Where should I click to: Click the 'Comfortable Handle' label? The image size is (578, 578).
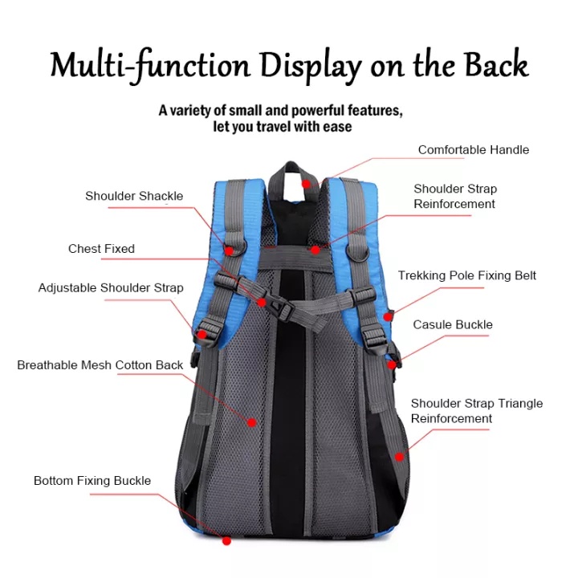[473, 149]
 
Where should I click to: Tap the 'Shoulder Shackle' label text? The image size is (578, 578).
[134, 196]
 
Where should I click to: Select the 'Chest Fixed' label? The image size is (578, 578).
[101, 249]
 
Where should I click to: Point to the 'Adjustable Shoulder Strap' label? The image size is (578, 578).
[111, 287]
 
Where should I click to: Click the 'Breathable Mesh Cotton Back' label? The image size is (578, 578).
[100, 365]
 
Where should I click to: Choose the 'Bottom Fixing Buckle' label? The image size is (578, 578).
[92, 481]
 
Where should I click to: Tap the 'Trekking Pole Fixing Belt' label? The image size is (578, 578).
[466, 275]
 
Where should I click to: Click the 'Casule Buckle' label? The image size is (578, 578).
[453, 325]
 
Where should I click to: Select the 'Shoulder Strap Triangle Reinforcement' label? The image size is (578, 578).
[476, 411]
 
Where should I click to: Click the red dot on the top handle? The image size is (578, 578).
[306, 184]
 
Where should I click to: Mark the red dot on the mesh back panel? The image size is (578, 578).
[251, 421]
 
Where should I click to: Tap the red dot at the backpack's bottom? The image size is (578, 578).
[227, 540]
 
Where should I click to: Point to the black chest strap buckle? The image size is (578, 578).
[273, 307]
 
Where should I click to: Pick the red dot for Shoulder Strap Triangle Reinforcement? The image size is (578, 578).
[400, 456]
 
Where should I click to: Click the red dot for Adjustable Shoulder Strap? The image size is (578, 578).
[201, 334]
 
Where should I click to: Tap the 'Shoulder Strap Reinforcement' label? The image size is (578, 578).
[455, 197]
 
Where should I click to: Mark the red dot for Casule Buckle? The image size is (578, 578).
[392, 364]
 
